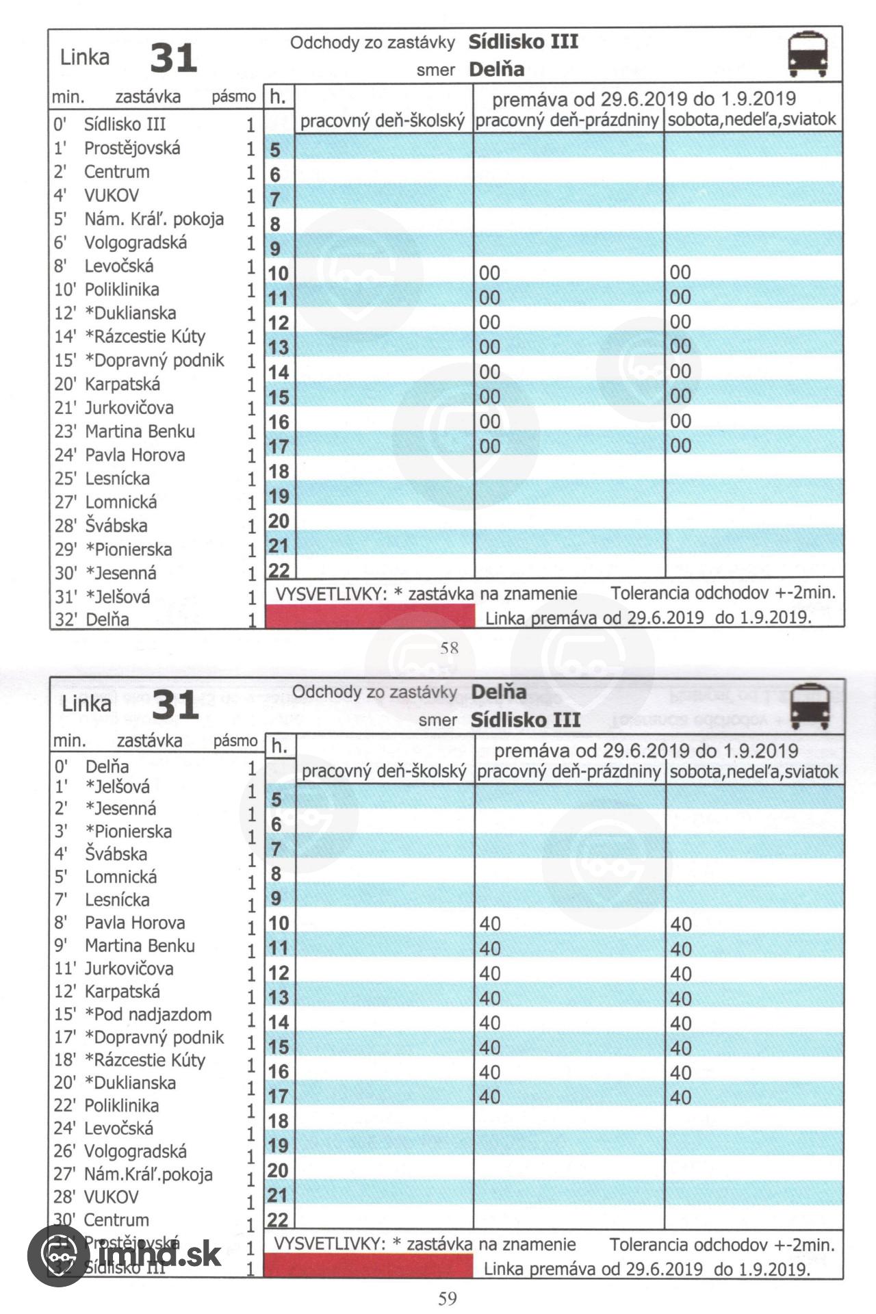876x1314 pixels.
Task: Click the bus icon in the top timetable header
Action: (808, 54)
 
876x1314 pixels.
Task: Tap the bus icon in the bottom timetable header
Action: (810, 706)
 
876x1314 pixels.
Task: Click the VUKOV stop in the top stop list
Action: (111, 196)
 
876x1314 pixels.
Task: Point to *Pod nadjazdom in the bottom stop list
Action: (148, 1014)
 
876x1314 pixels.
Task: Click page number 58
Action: (449, 647)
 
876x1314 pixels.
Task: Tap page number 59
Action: (448, 1298)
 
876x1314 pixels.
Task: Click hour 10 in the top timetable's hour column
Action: (278, 273)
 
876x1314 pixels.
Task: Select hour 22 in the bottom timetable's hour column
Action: (278, 1220)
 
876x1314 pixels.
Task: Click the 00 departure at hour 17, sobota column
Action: (680, 446)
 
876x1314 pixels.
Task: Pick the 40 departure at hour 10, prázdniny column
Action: (490, 924)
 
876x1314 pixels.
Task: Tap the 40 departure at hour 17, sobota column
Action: (681, 1097)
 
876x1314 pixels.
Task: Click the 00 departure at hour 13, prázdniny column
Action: (489, 347)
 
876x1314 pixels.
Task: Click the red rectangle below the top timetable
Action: (370, 616)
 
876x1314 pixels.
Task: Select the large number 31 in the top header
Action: (174, 58)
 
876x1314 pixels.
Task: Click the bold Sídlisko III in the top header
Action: (524, 42)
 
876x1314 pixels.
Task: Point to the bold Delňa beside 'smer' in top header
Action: (497, 69)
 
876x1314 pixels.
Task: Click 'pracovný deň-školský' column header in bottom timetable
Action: (384, 771)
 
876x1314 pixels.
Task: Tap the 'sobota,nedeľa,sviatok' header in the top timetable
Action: (752, 120)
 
